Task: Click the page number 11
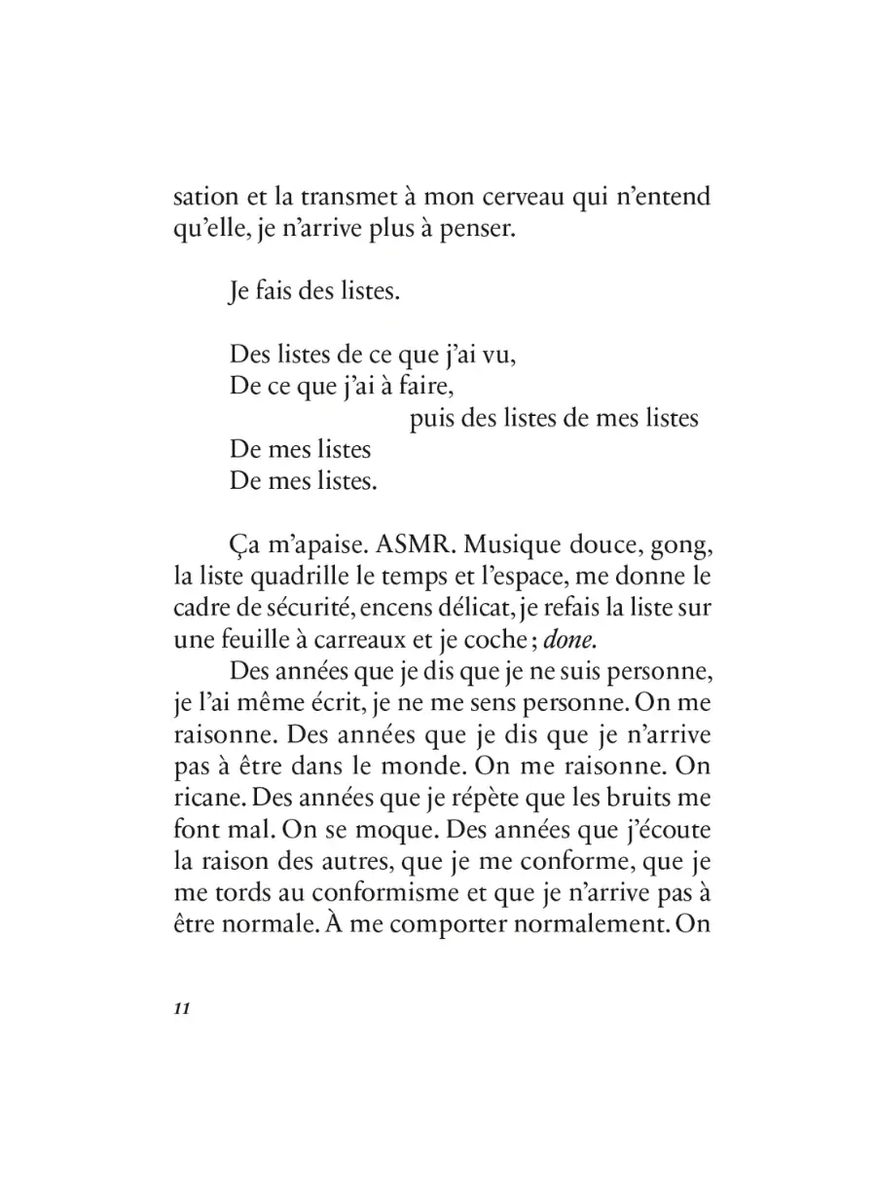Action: [x=180, y=1008]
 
